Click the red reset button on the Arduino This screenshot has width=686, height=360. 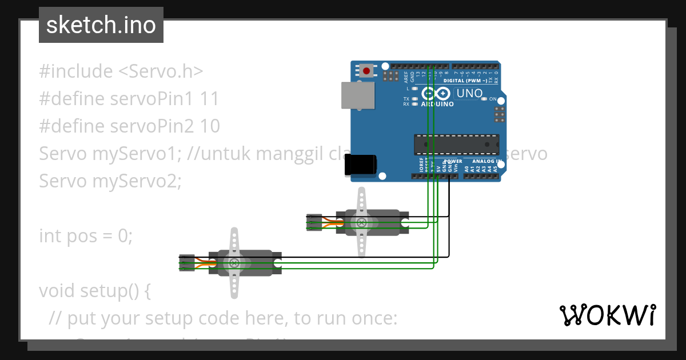tap(366, 71)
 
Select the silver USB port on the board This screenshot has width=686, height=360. tap(358, 95)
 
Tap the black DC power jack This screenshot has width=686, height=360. tap(360, 165)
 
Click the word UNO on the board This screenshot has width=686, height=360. tap(469, 93)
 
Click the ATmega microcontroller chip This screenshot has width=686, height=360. tap(456, 145)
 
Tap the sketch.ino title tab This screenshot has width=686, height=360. tap(101, 25)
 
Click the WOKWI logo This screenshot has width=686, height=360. tap(607, 315)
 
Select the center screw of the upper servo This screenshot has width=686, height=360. tap(361, 222)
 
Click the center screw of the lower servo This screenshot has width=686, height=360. tap(234, 263)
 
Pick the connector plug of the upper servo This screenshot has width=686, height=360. tap(314, 222)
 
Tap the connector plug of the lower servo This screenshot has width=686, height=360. tap(186, 263)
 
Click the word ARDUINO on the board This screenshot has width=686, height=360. tap(437, 105)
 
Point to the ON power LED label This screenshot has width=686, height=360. tap(492, 99)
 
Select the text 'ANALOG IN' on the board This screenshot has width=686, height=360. tap(487, 162)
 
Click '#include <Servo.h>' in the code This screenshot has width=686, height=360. tap(121, 71)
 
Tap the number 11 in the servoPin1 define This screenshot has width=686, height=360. tap(210, 99)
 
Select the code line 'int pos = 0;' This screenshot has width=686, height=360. tap(86, 235)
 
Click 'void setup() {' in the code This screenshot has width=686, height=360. tap(95, 290)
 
